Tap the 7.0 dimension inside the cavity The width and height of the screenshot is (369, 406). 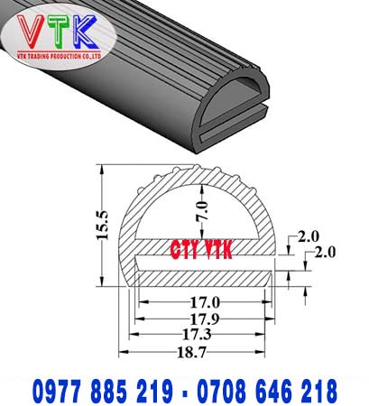[204, 215]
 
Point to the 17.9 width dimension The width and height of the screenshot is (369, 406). [204, 319]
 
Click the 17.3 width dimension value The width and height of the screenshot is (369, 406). [204, 335]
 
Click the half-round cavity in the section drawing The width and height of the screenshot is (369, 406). [204, 203]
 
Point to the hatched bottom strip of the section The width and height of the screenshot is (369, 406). [204, 279]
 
